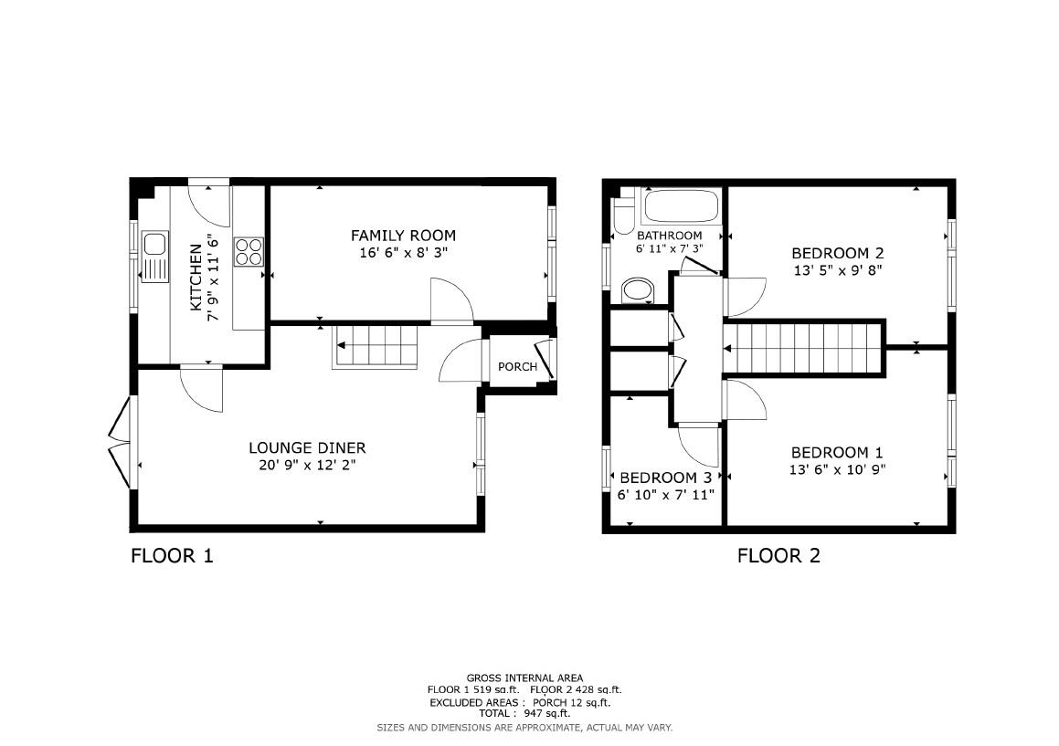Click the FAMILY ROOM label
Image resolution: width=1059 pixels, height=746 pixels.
tap(403, 236)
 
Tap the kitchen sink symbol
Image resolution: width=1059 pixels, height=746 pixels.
tap(154, 257)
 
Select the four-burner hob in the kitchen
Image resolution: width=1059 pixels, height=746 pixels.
tap(249, 251)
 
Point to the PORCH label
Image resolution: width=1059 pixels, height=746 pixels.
tap(517, 367)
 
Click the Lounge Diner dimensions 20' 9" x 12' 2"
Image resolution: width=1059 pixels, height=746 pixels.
tap(307, 466)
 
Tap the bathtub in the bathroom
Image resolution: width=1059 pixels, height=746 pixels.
tap(681, 206)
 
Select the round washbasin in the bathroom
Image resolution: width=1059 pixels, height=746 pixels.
tap(637, 291)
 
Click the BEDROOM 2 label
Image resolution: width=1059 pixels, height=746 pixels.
tap(837, 253)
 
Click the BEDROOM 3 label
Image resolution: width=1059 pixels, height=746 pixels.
tap(665, 478)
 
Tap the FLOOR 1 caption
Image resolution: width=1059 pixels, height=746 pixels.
tap(172, 555)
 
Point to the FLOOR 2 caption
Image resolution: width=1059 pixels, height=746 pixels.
tap(778, 555)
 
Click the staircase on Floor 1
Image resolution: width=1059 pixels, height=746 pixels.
tap(376, 346)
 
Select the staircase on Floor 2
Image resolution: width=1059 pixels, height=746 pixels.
tap(804, 348)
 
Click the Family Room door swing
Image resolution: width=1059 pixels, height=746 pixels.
tap(450, 301)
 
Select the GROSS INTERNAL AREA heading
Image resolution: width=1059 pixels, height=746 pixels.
tap(524, 678)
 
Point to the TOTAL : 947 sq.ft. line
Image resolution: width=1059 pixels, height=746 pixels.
tap(524, 713)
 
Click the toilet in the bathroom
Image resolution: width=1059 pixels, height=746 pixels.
tap(624, 215)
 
